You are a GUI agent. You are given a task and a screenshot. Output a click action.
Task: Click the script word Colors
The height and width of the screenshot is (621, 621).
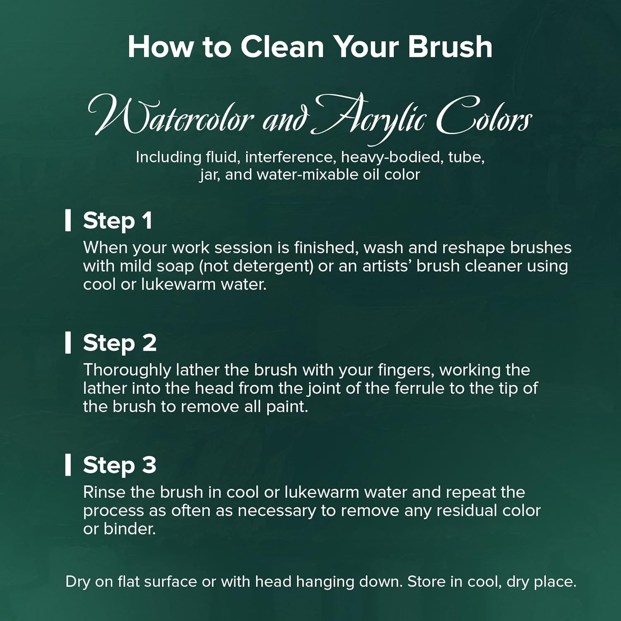pyautogui.click(x=484, y=116)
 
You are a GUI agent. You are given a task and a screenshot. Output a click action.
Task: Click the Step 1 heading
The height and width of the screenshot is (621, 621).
pyautogui.click(x=118, y=221)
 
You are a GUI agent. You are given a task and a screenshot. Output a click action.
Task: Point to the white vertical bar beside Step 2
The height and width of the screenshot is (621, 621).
pyautogui.click(x=68, y=342)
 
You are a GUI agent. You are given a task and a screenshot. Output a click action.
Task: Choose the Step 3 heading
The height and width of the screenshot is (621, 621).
pyautogui.click(x=120, y=465)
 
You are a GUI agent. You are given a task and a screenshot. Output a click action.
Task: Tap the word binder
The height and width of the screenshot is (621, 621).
pyautogui.click(x=130, y=529)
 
